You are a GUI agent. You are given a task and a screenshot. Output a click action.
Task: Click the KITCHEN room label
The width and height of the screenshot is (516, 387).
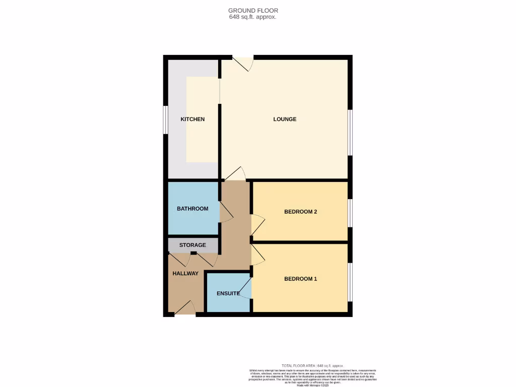(x=192, y=119)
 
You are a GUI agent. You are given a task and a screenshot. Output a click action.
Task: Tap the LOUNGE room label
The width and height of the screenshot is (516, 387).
(x=285, y=119)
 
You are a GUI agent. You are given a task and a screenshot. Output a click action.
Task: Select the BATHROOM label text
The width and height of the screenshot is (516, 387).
(x=192, y=209)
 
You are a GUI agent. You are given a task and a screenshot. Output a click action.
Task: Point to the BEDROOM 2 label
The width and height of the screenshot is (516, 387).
(x=300, y=212)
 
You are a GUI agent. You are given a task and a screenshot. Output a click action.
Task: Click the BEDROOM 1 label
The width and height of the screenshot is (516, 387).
(x=300, y=279)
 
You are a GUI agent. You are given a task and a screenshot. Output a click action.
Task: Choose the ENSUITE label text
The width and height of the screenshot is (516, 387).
(x=228, y=293)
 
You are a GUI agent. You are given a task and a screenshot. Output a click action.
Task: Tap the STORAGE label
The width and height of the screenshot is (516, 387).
(x=192, y=245)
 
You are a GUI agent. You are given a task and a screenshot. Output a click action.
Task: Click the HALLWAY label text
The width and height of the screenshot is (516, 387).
(x=185, y=274)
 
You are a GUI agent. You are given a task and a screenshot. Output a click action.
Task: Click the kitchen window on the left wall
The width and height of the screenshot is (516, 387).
(x=165, y=120)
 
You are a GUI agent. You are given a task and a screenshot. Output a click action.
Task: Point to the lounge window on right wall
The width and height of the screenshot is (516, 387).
(x=350, y=133)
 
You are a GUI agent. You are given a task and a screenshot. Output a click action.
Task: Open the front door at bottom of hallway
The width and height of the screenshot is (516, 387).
(x=185, y=308)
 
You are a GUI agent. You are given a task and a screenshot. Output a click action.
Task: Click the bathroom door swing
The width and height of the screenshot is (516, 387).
(x=225, y=212)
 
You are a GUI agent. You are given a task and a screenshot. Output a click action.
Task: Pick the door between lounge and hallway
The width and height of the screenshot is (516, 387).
(x=235, y=174)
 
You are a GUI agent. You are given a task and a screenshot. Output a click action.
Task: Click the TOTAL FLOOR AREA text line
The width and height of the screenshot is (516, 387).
(x=312, y=365)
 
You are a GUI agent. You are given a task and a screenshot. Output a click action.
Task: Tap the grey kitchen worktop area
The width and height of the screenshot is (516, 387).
(x=176, y=151)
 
